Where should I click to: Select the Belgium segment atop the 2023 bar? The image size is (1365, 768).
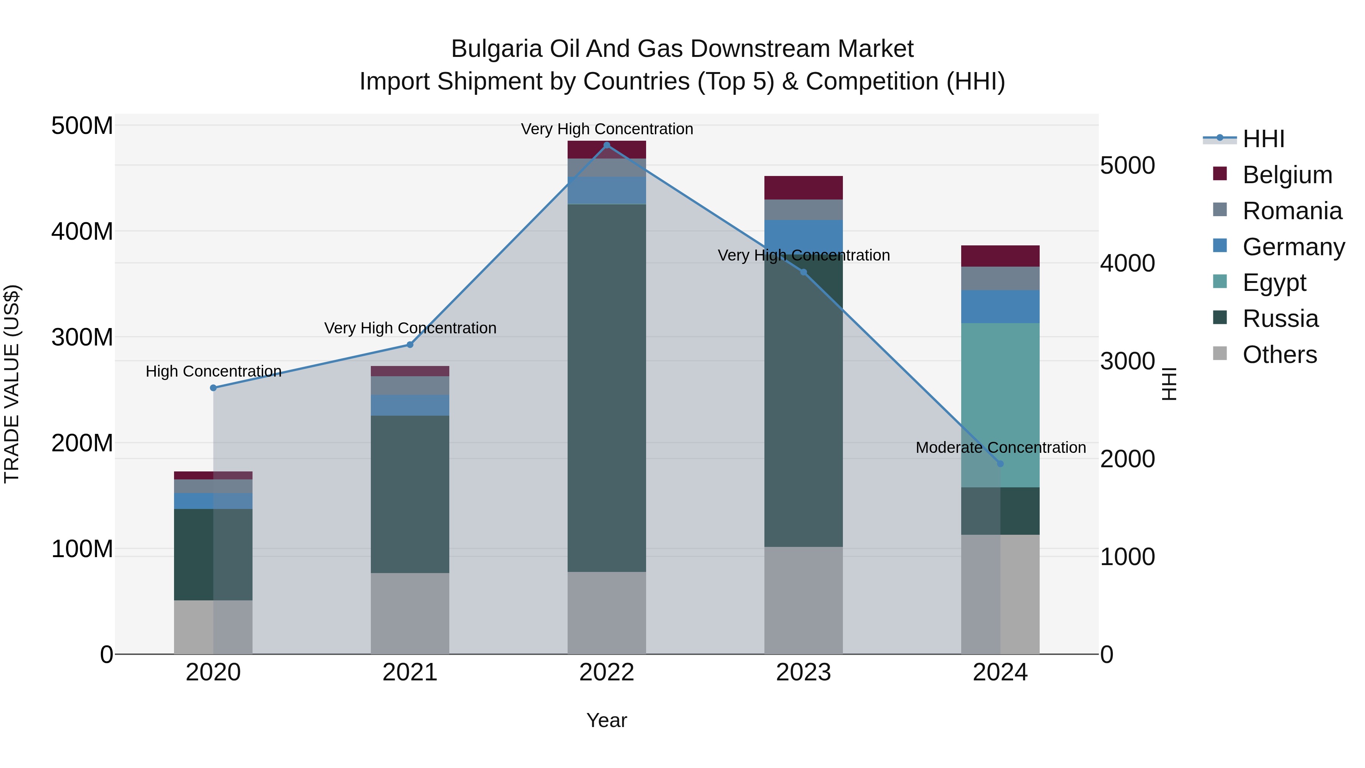(803, 188)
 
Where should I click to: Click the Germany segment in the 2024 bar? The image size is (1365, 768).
(1000, 306)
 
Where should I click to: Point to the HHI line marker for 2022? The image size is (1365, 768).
(607, 145)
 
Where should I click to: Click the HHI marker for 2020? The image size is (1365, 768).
(213, 388)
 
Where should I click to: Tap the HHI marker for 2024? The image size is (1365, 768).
(1000, 464)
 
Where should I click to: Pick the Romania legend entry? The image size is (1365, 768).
(1292, 210)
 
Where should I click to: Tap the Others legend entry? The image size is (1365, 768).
(1279, 354)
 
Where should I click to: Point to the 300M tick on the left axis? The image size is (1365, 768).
(82, 337)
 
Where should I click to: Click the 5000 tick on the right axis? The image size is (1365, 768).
(1127, 165)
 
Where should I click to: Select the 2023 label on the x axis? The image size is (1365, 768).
(803, 672)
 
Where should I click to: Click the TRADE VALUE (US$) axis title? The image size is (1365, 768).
(12, 384)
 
